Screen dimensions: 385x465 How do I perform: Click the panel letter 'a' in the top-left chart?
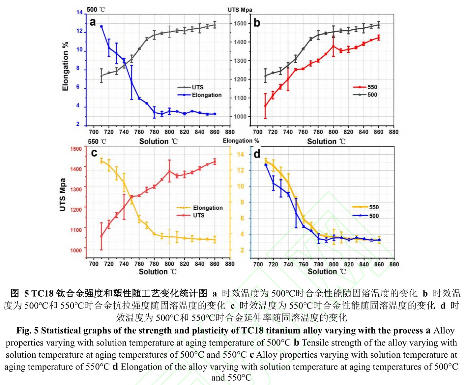(x=93, y=22)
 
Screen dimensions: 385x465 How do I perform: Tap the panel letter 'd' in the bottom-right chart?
(x=257, y=154)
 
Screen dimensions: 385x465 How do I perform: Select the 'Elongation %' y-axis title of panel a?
(x=65, y=66)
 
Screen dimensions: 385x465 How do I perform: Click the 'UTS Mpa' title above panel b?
(x=240, y=10)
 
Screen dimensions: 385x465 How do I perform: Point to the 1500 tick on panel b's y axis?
(x=240, y=23)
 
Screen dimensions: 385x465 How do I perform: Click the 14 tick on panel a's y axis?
(x=79, y=12)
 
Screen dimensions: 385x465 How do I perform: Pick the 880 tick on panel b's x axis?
(x=393, y=132)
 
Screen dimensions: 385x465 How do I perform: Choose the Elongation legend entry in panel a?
(x=207, y=95)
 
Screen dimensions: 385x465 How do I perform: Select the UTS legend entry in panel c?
(x=198, y=215)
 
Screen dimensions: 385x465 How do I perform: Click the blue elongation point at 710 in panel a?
(x=102, y=26)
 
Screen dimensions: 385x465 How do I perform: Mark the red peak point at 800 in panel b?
(x=333, y=46)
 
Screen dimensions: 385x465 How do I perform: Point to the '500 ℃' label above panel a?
(x=96, y=10)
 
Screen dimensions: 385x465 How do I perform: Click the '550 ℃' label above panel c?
(x=97, y=141)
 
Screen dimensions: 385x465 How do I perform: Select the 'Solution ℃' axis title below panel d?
(x=327, y=272)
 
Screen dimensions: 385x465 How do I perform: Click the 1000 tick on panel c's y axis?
(x=76, y=250)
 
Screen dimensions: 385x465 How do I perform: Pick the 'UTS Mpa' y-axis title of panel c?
(x=62, y=194)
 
